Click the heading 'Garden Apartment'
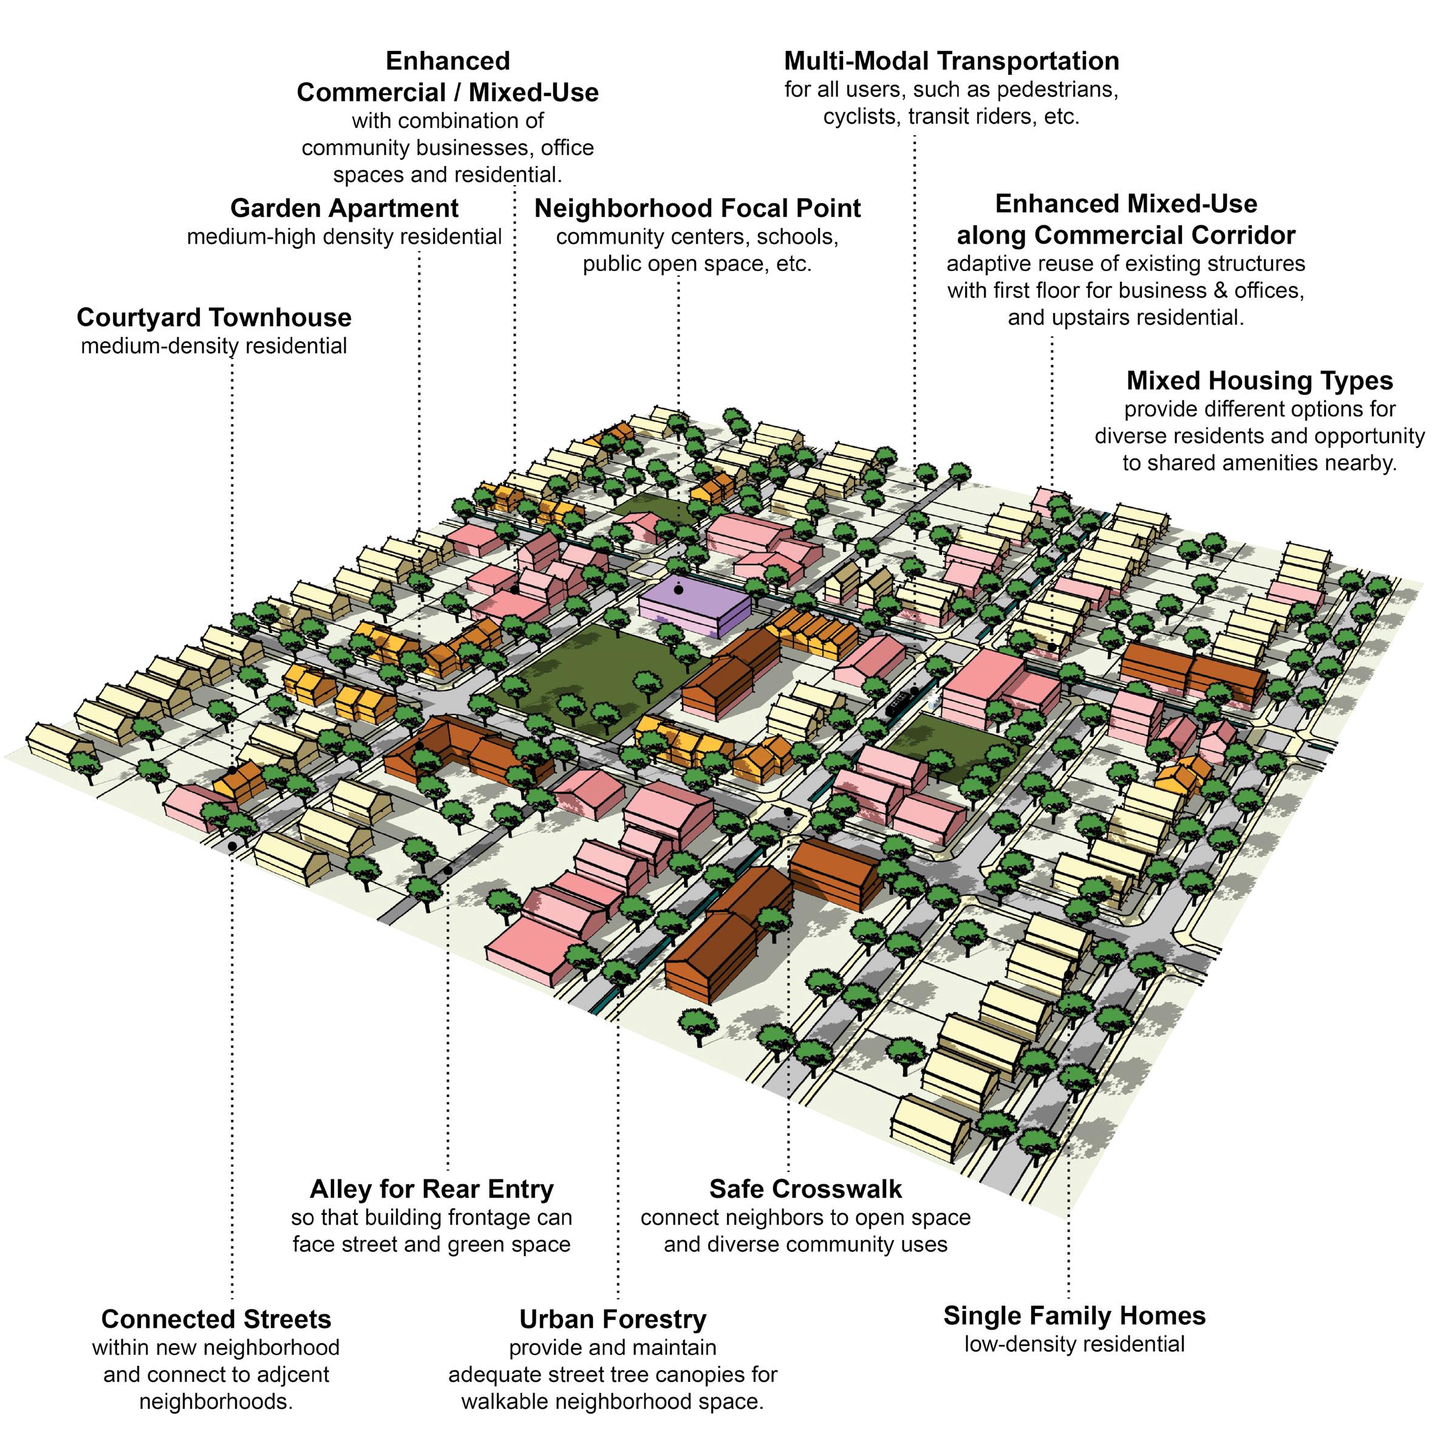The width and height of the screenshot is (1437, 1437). tap(344, 208)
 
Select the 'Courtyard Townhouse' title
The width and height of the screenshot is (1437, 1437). tap(214, 318)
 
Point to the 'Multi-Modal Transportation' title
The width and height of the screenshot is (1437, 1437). tap(951, 61)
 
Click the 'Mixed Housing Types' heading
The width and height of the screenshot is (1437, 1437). tap(1259, 381)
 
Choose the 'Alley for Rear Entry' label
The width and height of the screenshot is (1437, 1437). tap(431, 1189)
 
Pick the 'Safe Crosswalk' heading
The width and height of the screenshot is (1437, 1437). tap(805, 1189)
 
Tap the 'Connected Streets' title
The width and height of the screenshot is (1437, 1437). tap(216, 1320)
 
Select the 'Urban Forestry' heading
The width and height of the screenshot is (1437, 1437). tap(612, 1320)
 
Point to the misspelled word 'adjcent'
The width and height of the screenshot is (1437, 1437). tap(290, 1374)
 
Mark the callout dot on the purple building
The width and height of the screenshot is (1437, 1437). tap(678, 590)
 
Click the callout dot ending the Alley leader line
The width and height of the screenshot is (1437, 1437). tap(448, 870)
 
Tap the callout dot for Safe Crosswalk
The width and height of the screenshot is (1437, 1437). tap(788, 811)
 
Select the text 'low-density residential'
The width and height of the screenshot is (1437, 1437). tap(1074, 1345)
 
